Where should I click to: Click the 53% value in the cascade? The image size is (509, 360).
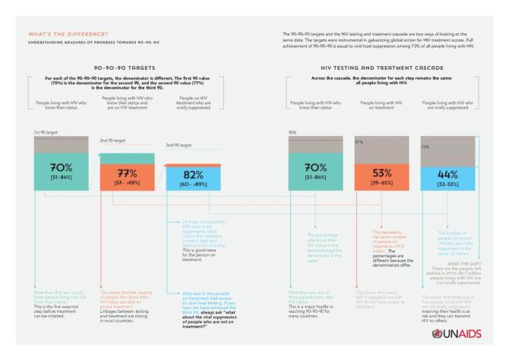click(x=382, y=172)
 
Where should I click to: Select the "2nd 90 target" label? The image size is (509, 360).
click(x=113, y=141)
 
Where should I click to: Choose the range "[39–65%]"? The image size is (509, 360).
click(x=382, y=183)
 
